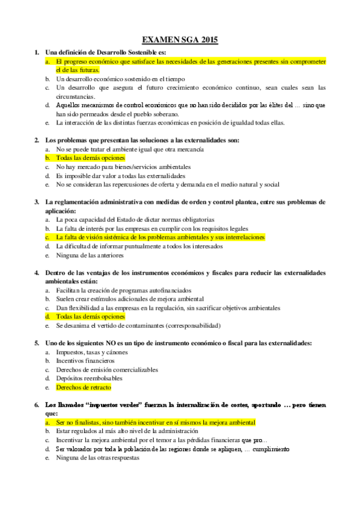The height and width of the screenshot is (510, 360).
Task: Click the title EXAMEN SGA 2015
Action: (x=180, y=40)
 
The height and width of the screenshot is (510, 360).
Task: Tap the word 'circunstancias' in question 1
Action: (x=75, y=96)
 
